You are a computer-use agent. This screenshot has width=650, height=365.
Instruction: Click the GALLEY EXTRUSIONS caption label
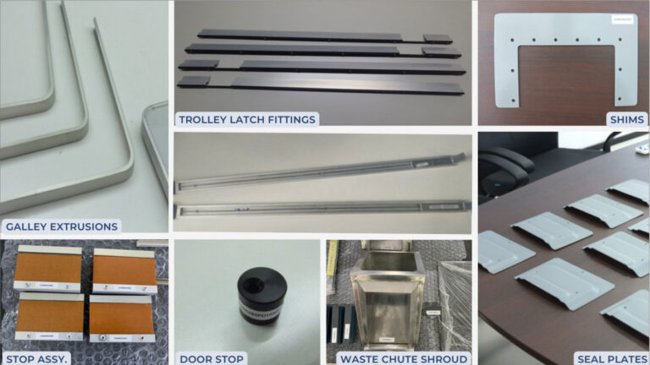coord(61,226)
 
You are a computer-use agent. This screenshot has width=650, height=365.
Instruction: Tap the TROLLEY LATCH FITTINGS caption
coord(246,119)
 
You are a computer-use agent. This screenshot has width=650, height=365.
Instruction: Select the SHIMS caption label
coord(626,119)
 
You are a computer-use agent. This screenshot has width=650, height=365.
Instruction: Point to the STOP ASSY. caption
coord(36,358)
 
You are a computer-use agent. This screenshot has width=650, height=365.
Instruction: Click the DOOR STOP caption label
coord(211,358)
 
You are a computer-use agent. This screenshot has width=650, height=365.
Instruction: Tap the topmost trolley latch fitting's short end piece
coord(438,38)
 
